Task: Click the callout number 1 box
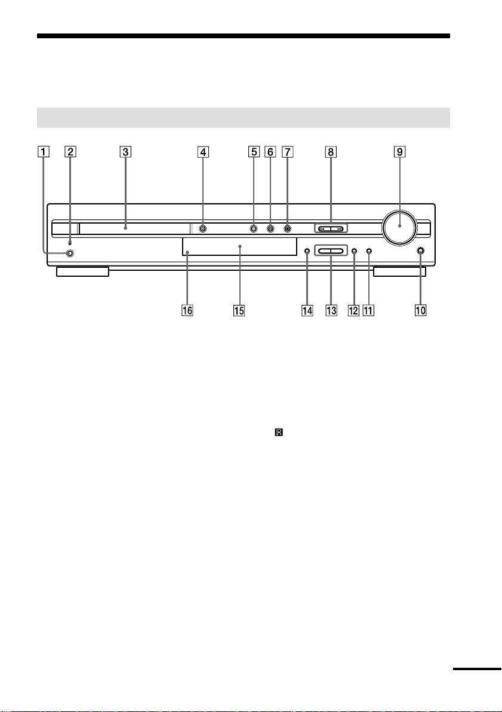click(44, 152)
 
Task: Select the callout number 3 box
click(125, 152)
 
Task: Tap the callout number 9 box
click(400, 152)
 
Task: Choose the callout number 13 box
click(331, 311)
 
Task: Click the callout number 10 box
click(420, 311)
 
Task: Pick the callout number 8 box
click(331, 152)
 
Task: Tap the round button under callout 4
click(203, 229)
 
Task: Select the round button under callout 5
click(254, 229)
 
